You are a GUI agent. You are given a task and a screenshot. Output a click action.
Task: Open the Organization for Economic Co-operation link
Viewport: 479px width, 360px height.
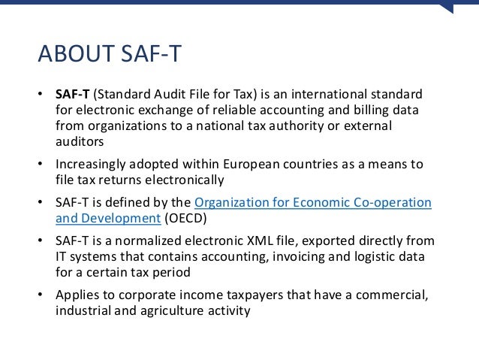coord(312,203)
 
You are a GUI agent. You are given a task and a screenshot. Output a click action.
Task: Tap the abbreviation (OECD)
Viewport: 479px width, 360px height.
coord(190,218)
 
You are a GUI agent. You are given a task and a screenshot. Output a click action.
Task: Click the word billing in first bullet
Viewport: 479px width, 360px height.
coord(364,110)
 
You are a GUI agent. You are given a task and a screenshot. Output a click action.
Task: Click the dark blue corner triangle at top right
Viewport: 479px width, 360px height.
coord(447,7)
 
